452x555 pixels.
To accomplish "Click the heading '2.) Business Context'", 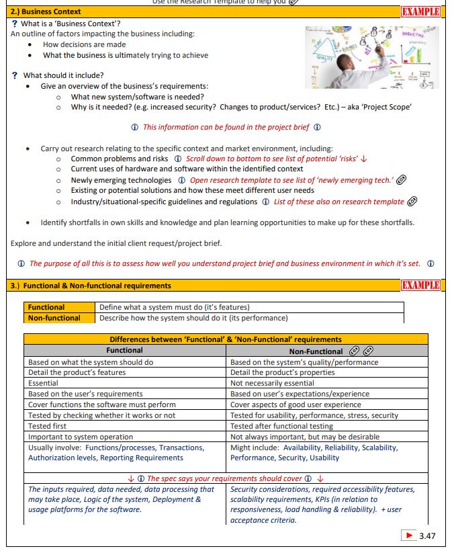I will [x=46, y=12].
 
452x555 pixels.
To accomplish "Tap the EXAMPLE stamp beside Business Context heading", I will [x=420, y=12].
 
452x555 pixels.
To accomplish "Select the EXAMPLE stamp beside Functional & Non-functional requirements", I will [x=420, y=286].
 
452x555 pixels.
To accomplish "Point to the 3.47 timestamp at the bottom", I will [x=427, y=536].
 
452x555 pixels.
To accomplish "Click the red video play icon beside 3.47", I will [x=408, y=536].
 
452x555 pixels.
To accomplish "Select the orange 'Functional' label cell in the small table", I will [x=46, y=308].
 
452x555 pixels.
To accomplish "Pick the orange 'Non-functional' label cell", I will [x=54, y=318].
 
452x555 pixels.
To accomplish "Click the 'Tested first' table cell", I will [x=49, y=426].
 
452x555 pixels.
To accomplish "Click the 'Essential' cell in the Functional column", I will [x=43, y=383].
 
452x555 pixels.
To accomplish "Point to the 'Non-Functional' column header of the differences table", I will [x=316, y=350].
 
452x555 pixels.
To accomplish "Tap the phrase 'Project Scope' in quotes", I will [x=390, y=108].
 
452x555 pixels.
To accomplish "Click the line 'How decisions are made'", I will [x=84, y=44].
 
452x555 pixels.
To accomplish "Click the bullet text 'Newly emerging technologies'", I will [x=121, y=180].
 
